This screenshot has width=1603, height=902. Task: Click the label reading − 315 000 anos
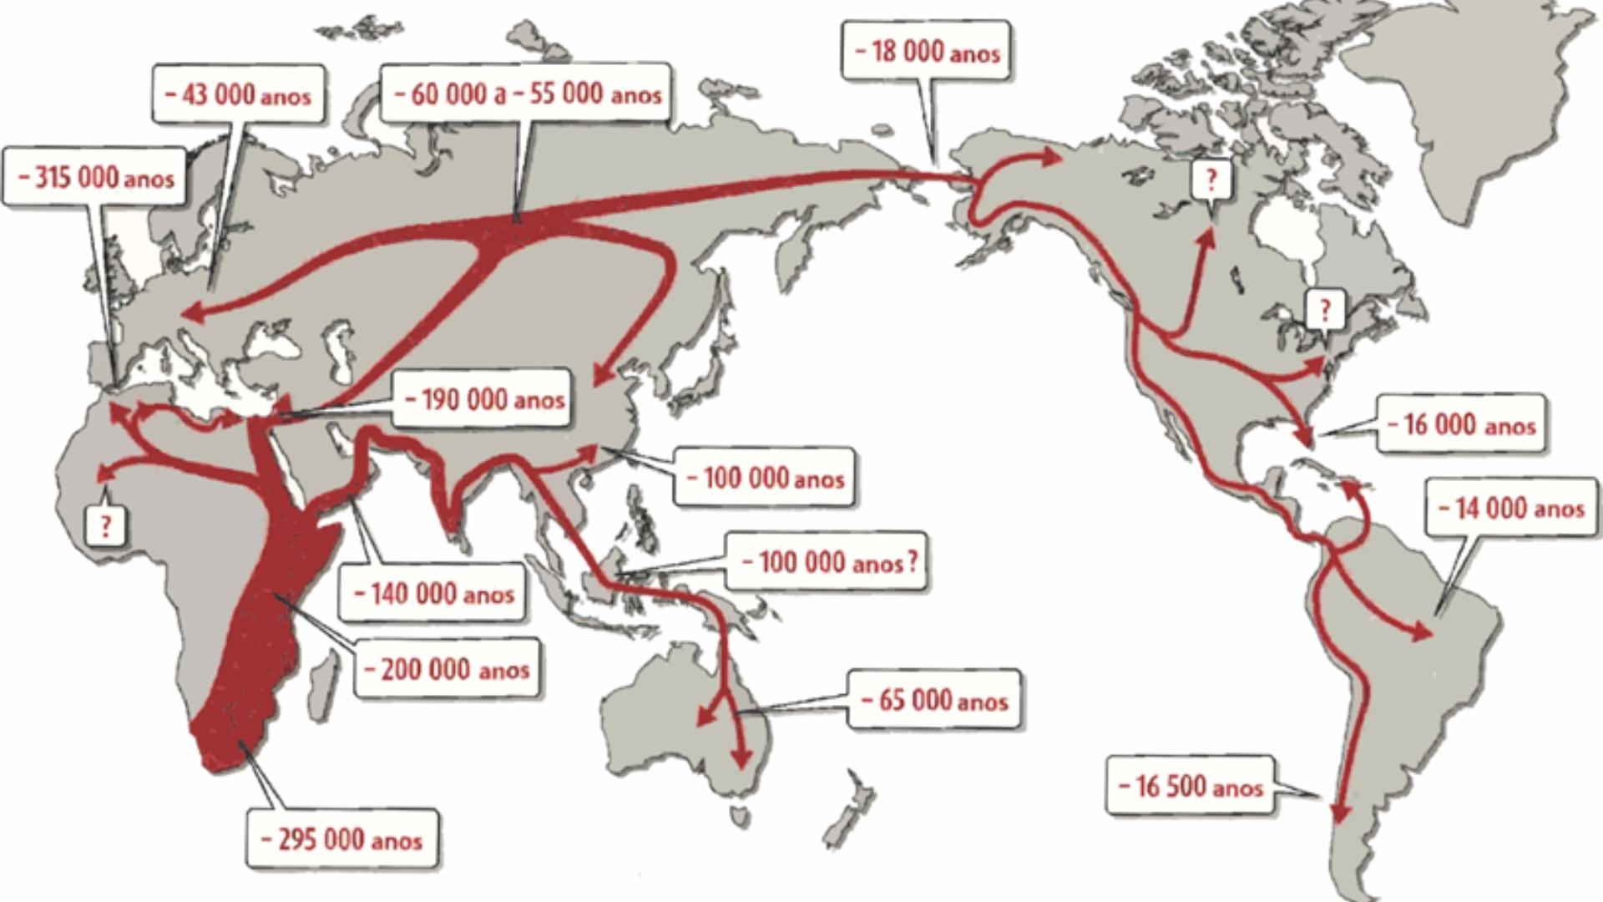click(x=95, y=177)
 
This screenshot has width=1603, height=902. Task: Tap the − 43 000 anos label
click(x=238, y=94)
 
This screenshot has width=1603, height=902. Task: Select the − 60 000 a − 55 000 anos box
click(x=527, y=93)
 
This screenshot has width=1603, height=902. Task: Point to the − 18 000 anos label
click(x=927, y=52)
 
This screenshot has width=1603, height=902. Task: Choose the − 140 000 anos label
click(x=433, y=593)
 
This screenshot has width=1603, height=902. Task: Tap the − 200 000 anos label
click(x=447, y=668)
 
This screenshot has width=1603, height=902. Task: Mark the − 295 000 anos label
click(x=341, y=839)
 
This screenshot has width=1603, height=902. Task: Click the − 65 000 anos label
click(x=934, y=699)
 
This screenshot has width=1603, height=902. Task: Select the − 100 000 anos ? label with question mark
click(x=827, y=561)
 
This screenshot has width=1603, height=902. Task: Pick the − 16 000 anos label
click(x=1460, y=424)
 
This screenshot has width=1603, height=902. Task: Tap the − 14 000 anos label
click(x=1510, y=508)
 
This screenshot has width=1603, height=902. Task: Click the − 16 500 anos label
click(x=1190, y=785)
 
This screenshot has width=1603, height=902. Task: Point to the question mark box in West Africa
click(x=105, y=525)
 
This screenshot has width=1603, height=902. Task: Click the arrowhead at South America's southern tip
click(x=1340, y=813)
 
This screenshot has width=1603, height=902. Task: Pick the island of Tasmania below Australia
click(x=740, y=814)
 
